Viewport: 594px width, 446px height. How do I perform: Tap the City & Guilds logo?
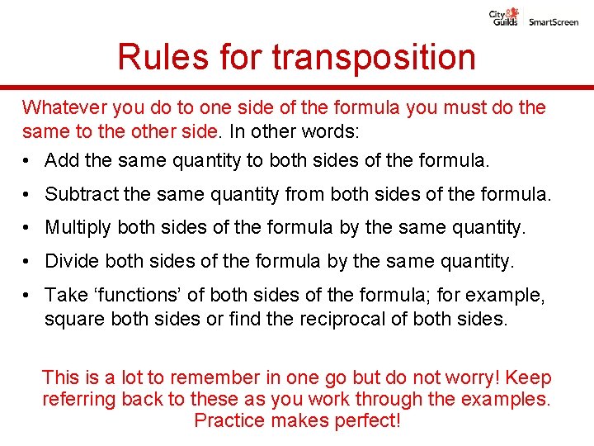click(x=505, y=17)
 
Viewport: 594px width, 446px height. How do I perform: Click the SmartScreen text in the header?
click(x=554, y=21)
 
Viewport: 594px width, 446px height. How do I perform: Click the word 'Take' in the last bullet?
click(x=63, y=295)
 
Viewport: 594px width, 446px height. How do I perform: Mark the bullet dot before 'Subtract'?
click(x=27, y=195)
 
